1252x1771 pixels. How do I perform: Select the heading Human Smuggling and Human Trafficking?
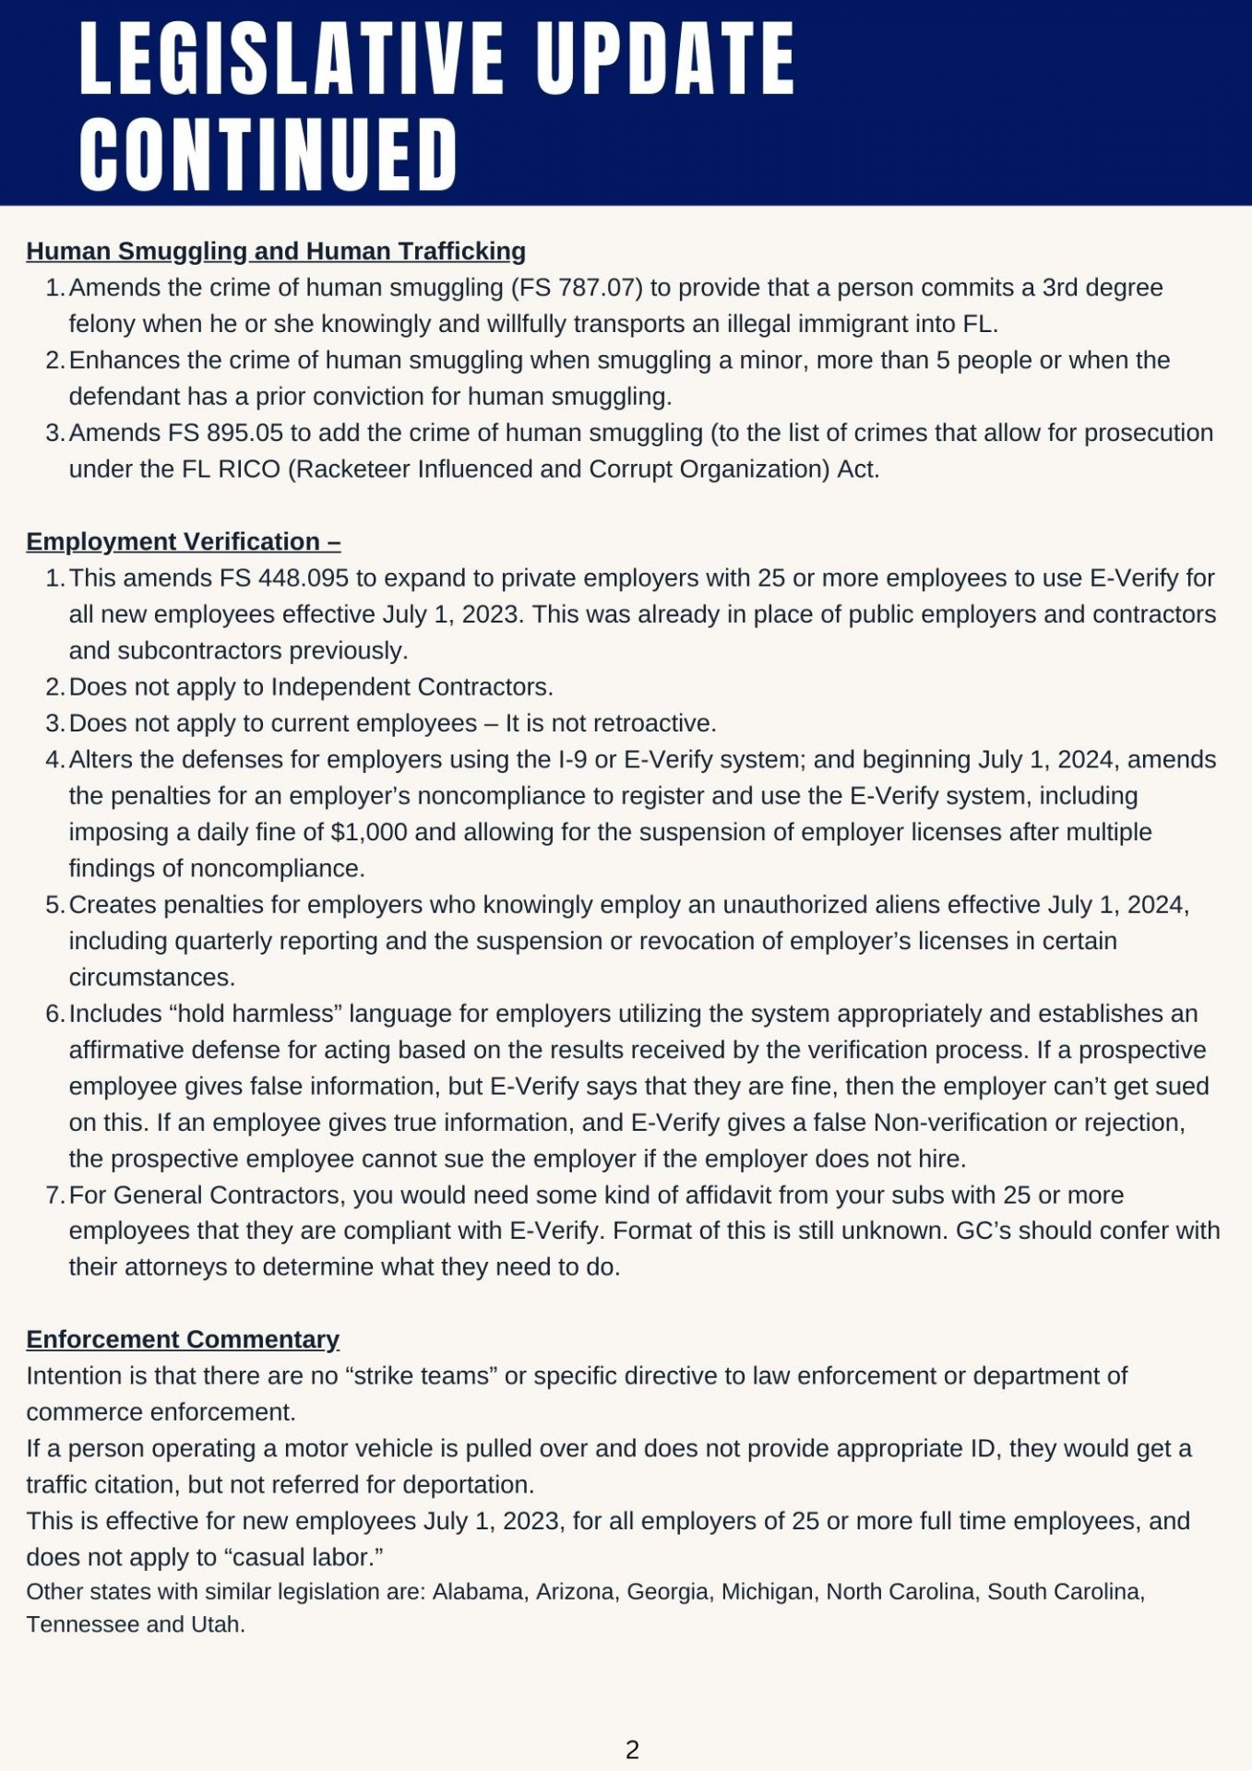pos(276,251)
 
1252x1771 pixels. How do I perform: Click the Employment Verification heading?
pos(183,541)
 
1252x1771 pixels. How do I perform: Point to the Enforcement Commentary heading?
pos(183,1339)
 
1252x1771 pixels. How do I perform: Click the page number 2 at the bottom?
pos(632,1750)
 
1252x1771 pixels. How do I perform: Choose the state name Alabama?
pos(480,1592)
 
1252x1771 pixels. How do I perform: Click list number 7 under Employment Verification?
pos(54,1195)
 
